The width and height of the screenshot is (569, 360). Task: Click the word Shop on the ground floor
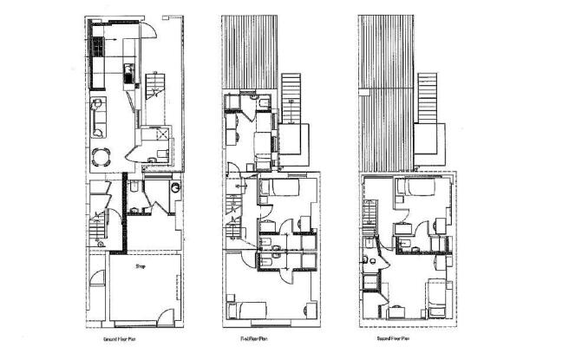(x=140, y=268)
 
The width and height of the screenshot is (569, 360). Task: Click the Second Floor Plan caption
(x=390, y=341)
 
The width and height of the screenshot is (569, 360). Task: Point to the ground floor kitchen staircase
(x=155, y=84)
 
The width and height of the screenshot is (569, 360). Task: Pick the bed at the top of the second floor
(x=414, y=188)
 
